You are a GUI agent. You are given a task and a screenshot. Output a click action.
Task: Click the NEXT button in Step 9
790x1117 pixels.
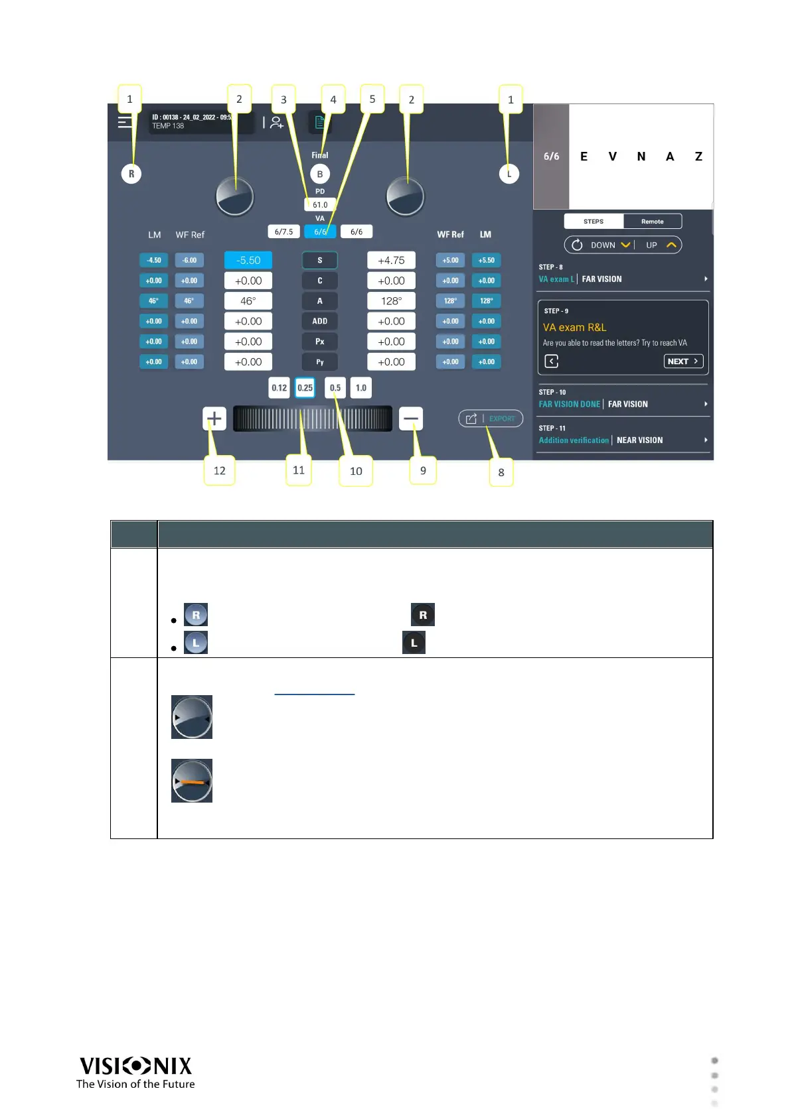(x=683, y=361)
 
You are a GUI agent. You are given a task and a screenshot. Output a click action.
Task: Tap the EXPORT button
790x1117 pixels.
(x=491, y=419)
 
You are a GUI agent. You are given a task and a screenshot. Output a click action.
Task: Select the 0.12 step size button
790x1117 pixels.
(x=279, y=388)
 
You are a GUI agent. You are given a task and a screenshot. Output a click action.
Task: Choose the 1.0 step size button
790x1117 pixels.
(x=360, y=388)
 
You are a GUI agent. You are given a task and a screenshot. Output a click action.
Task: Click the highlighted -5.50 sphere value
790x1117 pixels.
(x=248, y=261)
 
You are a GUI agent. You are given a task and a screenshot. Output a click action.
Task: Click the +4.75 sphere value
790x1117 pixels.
(x=391, y=261)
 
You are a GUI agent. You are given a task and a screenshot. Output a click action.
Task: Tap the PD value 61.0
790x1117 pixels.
(x=320, y=205)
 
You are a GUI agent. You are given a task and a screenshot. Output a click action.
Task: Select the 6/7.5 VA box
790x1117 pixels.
(x=283, y=231)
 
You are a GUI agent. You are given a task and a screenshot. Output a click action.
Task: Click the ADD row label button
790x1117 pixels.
(x=319, y=321)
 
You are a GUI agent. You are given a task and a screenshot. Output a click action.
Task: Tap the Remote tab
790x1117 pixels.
(x=652, y=222)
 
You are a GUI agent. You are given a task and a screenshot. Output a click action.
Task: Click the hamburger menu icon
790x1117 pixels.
(x=125, y=122)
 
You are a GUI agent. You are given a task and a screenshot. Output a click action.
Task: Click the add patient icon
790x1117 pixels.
(x=277, y=123)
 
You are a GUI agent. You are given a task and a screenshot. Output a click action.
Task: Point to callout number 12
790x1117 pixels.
(x=219, y=471)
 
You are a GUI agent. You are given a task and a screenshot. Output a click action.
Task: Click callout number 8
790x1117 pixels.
(x=501, y=473)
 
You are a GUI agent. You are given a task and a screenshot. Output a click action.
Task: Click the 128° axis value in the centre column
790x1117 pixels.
(x=391, y=301)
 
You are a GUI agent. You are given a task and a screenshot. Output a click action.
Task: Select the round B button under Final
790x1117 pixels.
(x=320, y=174)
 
